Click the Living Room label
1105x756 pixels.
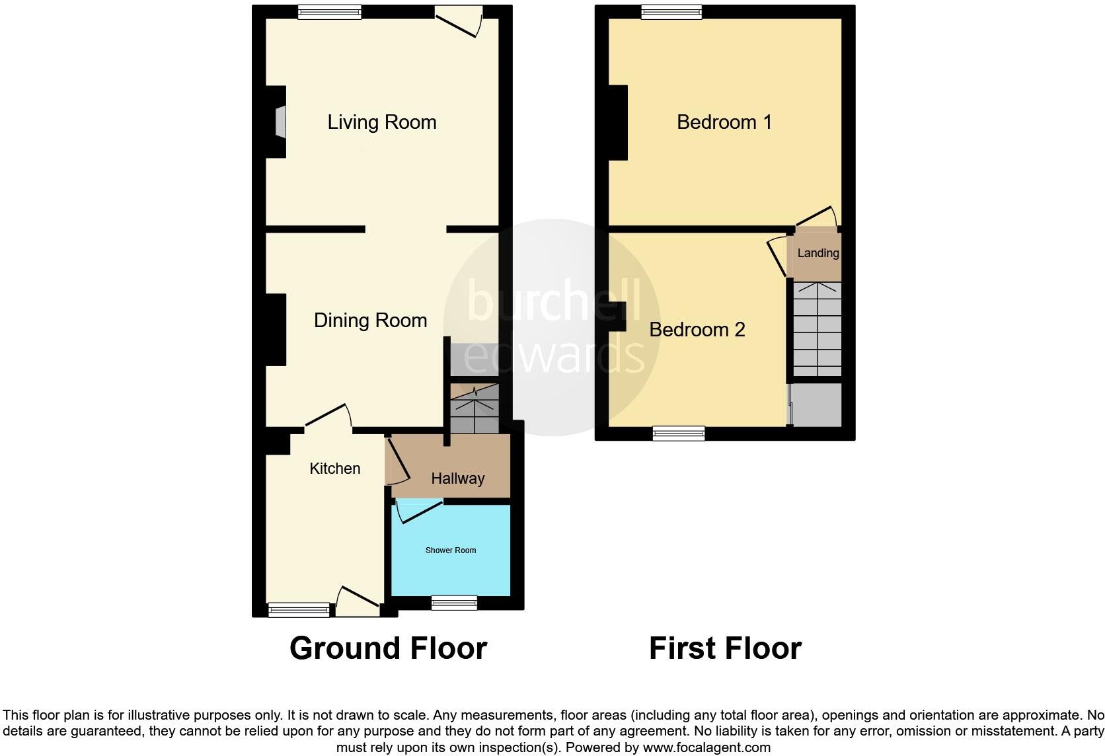382,122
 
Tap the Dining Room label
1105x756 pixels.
370,321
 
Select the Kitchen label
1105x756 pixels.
335,469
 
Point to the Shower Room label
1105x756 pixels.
451,550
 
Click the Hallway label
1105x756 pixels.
458,478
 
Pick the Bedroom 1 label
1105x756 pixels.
724,122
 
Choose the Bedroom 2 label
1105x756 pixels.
697,330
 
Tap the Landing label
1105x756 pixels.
818,253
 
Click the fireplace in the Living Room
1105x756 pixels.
281,122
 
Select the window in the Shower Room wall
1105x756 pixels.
454,602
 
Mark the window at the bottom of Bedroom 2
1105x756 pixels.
679,434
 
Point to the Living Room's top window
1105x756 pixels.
329,11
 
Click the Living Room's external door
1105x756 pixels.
459,20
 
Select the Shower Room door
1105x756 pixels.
418,511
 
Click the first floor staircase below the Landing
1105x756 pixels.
818,329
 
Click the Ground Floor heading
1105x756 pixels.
388,648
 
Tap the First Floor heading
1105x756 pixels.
725,648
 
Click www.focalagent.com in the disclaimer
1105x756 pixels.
706,748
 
